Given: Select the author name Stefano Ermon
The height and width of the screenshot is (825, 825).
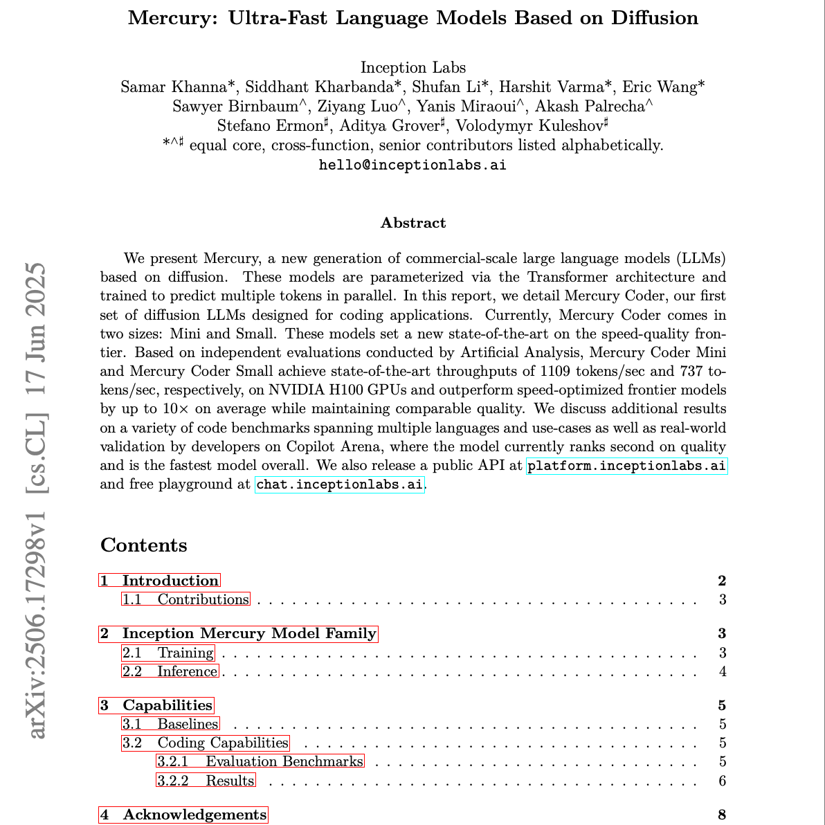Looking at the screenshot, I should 270,126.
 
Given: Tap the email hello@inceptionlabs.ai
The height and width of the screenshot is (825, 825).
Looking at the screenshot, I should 412,165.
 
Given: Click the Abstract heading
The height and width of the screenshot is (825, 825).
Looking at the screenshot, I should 413,223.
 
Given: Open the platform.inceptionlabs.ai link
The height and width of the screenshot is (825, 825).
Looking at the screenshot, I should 626,466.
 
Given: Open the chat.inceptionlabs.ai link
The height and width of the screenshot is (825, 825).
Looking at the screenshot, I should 339,484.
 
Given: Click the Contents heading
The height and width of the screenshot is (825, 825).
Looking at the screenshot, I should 144,545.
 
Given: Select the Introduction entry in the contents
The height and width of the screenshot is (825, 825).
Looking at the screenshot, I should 160,581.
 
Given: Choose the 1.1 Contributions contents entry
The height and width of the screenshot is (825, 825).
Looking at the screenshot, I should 185,599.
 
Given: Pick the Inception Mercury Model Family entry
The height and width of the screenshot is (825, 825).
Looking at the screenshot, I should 239,633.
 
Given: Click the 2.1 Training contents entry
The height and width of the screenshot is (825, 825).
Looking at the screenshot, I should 168,653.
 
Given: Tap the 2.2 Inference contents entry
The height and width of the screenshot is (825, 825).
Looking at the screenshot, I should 170,671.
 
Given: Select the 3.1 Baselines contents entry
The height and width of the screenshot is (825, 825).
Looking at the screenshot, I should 171,724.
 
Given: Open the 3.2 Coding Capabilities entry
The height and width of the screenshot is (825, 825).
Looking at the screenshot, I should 206,743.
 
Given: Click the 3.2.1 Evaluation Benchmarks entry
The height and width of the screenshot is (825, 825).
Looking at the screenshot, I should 260,761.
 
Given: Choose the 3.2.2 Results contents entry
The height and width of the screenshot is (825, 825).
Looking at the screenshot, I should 206,781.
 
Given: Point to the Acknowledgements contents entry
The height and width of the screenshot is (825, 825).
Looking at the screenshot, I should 183,815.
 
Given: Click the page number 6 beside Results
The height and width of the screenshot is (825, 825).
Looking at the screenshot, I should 722,781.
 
